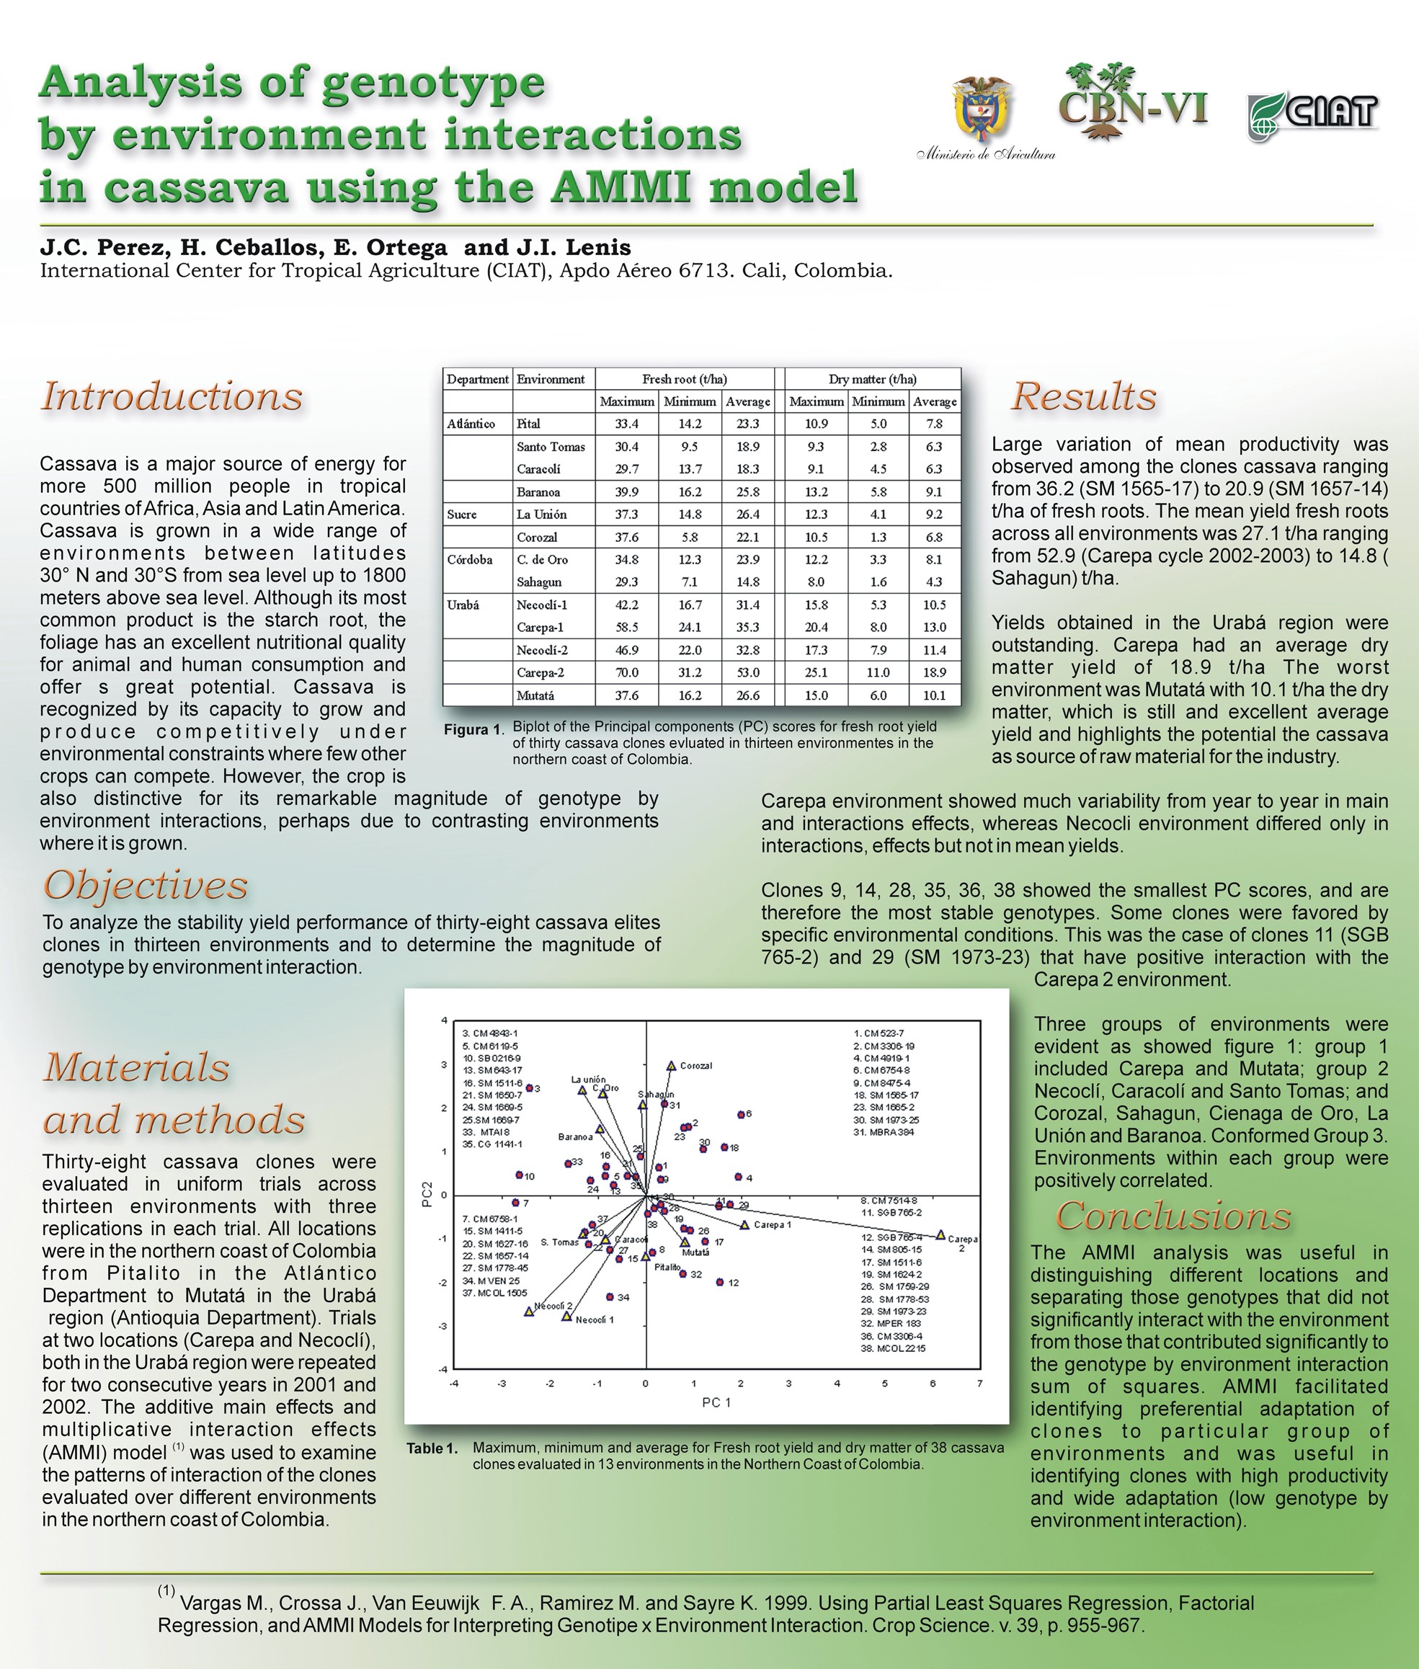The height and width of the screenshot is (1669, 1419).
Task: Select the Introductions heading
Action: (172, 396)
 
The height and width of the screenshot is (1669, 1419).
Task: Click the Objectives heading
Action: (146, 886)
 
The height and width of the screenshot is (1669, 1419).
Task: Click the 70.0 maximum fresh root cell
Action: (627, 672)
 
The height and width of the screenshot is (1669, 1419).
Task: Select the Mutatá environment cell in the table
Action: (535, 695)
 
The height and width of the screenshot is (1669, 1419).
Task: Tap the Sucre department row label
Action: (462, 515)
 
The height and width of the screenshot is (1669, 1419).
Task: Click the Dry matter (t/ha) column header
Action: (872, 379)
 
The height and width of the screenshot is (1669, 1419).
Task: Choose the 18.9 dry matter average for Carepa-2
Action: (934, 672)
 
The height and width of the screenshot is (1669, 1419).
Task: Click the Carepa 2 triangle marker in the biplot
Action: (940, 1234)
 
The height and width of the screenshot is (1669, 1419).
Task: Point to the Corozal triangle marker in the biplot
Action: (671, 1066)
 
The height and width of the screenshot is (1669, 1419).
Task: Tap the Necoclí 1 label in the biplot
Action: (595, 1320)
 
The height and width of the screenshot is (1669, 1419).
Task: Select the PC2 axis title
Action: (427, 1193)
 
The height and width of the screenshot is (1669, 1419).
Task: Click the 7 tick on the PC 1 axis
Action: (980, 1384)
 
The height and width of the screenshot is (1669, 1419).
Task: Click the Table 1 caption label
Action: (432, 1448)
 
